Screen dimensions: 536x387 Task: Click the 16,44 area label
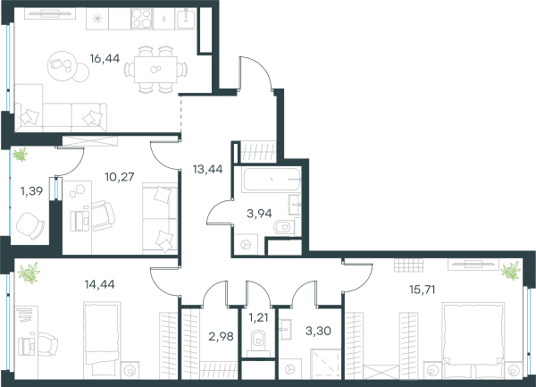point(105,59)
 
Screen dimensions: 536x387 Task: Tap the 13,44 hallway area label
point(207,169)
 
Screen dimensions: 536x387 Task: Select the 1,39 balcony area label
point(32,191)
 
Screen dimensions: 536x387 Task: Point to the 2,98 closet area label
point(221,336)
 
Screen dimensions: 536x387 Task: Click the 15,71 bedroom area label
point(423,290)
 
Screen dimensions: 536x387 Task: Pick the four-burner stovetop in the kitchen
point(142,19)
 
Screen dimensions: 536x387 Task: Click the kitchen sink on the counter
point(186,19)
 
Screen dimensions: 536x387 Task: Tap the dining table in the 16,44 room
point(155,70)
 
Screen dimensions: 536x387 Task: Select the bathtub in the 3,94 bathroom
point(272,180)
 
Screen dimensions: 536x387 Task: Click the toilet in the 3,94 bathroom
point(284,227)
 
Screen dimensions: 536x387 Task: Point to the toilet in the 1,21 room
point(258,341)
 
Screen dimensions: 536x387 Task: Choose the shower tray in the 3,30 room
point(326,364)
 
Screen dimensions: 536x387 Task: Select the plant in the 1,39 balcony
point(20,155)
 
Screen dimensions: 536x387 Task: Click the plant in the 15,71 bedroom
point(511,271)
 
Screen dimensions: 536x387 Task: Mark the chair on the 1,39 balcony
point(30,225)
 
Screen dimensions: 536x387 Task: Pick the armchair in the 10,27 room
point(103,215)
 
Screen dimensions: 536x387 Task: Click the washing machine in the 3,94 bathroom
point(247,244)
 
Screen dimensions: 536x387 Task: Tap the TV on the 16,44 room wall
point(50,13)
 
